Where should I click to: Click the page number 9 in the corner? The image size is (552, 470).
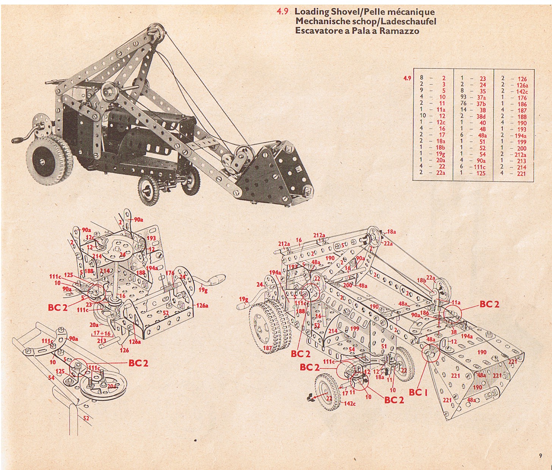tap(540, 456)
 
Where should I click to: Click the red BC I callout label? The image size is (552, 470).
tap(418, 392)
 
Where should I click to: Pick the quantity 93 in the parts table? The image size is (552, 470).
tap(463, 97)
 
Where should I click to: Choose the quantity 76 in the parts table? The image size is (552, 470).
tap(463, 104)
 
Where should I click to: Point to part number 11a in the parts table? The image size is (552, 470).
tap(441, 110)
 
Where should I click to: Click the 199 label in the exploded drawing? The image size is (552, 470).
tap(354, 329)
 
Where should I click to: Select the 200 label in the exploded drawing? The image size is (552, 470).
tap(348, 285)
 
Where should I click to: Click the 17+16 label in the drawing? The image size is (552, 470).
tap(102, 333)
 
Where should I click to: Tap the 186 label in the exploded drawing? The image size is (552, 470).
tap(424, 313)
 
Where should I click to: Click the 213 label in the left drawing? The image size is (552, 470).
tap(102, 341)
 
